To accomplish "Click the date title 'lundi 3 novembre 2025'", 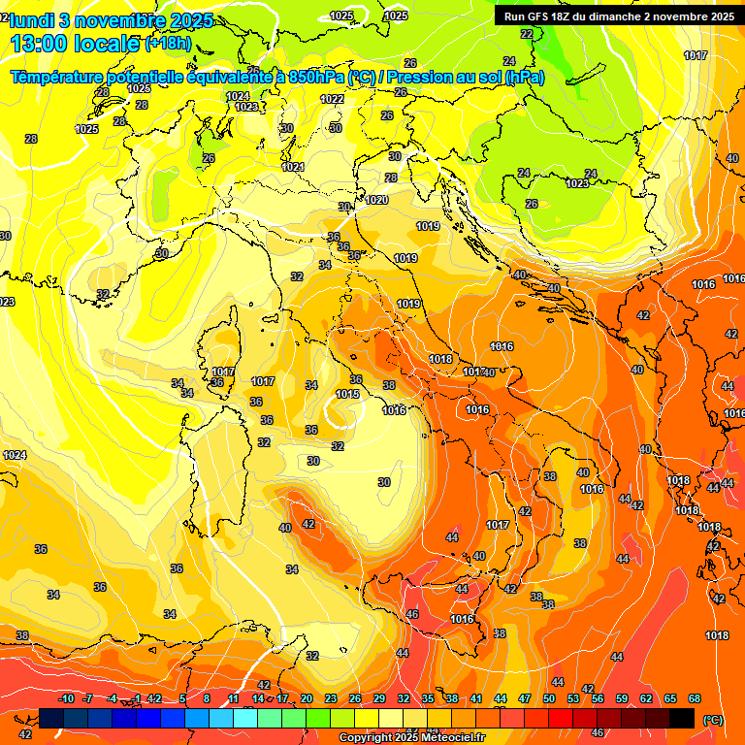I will [x=107, y=20].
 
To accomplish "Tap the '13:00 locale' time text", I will [x=73, y=44].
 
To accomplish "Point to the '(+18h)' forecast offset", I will [x=168, y=44].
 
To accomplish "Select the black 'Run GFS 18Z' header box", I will [x=616, y=16].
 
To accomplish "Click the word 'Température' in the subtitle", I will [x=58, y=77].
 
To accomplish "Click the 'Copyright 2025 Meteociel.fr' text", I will [x=412, y=738].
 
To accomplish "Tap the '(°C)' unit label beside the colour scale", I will [x=713, y=721].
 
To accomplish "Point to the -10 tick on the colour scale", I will [x=66, y=698].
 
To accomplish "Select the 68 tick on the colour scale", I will [x=695, y=698].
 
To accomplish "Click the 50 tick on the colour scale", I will [x=549, y=698].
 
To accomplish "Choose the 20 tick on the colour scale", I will [x=307, y=698].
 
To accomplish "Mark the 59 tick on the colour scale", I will [x=622, y=698].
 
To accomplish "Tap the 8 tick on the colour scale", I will [x=207, y=698].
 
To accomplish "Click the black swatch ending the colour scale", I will [x=682, y=718].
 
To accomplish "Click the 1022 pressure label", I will [x=332, y=99].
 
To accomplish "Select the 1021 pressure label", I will [x=293, y=167].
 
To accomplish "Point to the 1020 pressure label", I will [x=377, y=200].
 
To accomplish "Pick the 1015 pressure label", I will [x=347, y=395].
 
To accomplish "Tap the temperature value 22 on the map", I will [x=527, y=34].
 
